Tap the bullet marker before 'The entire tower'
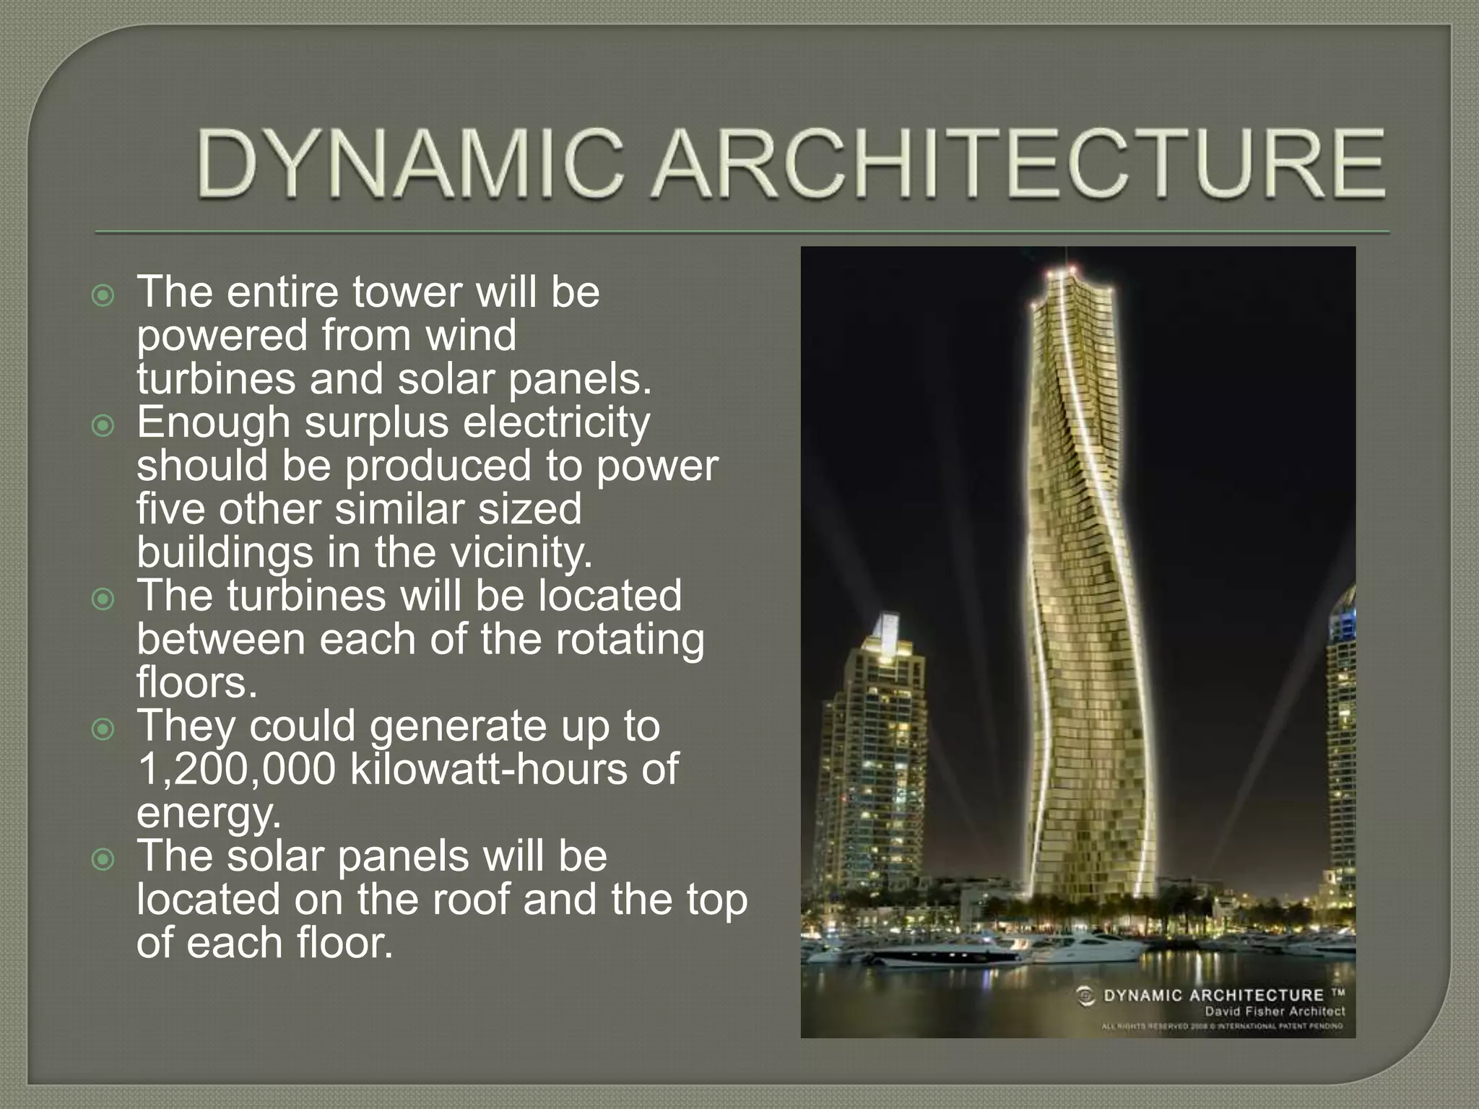pos(104,296)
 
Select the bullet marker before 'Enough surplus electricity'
pos(104,426)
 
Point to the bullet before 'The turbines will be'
pos(104,599)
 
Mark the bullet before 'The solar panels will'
pos(104,859)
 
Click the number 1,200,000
pos(236,770)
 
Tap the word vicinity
pos(521,553)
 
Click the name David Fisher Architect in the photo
pos(1274,1011)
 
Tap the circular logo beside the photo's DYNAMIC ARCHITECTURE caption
pos(1085,996)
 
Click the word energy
pos(208,814)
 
